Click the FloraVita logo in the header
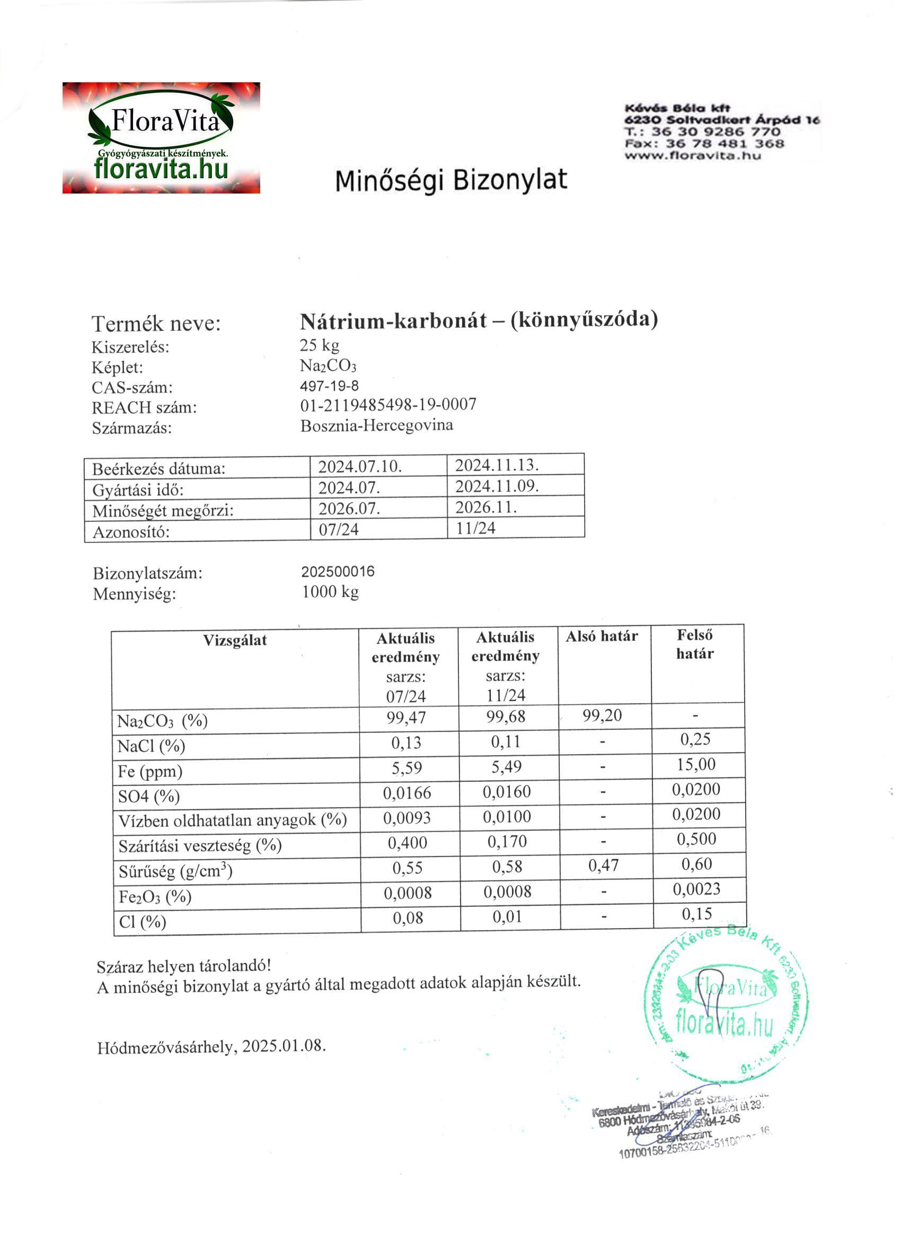(161, 138)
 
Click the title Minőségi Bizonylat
(451, 181)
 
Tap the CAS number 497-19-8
(329, 386)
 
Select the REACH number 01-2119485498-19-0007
(388, 405)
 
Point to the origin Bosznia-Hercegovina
(376, 425)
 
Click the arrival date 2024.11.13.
(497, 465)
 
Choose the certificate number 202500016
(338, 572)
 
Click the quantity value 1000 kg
(330, 592)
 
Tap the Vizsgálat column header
(235, 640)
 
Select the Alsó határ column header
(602, 636)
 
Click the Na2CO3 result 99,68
(506, 717)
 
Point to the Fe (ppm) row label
(149, 772)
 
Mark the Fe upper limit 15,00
(695, 764)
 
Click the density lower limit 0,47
(603, 866)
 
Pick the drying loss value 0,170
(507, 841)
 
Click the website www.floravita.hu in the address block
(692, 155)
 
